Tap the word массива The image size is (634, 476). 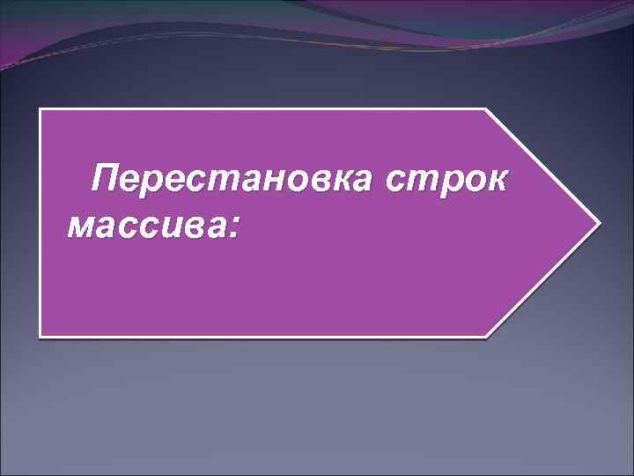pos(146,227)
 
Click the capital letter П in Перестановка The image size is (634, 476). pos(111,180)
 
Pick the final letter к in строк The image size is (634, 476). pos(496,181)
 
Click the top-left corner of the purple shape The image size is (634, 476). pos(40,110)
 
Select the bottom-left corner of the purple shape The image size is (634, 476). pos(40,335)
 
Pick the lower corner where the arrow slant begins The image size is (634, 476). pos(485,335)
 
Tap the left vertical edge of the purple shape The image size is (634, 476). pos(40,222)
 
